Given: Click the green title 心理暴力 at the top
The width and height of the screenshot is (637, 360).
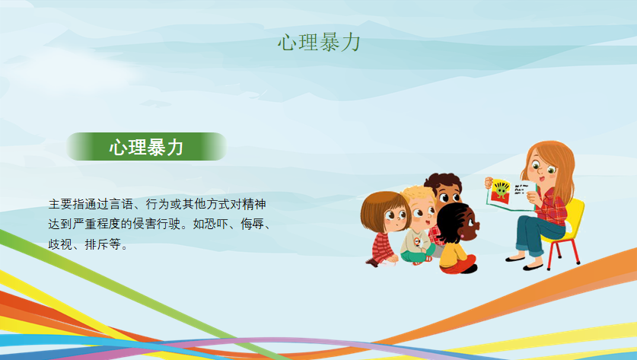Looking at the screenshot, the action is (320, 43).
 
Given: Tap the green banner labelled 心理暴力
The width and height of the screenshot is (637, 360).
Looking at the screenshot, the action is (146, 146).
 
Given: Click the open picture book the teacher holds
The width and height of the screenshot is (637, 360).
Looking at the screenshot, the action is (511, 194).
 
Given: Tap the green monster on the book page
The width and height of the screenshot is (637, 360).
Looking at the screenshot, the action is (502, 190).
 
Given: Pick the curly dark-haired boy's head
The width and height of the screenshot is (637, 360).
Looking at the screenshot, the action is (444, 188).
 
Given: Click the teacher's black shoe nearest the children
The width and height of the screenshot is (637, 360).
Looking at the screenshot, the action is (514, 259).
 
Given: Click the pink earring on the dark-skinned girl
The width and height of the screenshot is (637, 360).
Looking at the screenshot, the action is (462, 236).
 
